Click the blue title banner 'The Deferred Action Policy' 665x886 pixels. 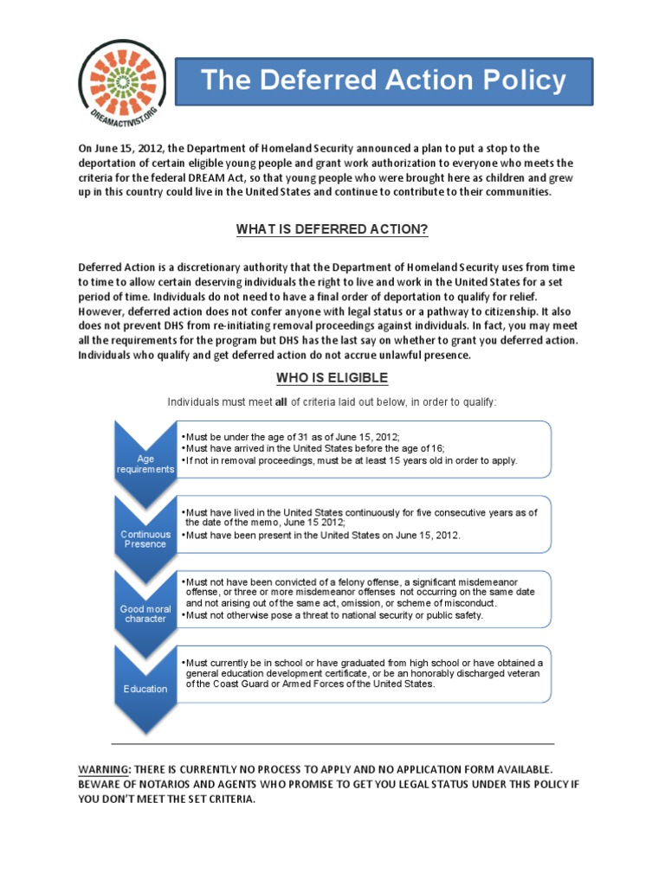click(x=384, y=82)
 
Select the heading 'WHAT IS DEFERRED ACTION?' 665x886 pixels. click(x=332, y=229)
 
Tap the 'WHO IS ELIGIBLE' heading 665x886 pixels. click(x=332, y=378)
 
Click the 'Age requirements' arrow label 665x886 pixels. click(x=145, y=464)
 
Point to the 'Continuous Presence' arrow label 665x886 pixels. click(x=145, y=540)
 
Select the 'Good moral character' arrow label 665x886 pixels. click(x=145, y=613)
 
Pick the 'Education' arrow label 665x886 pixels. click(x=145, y=689)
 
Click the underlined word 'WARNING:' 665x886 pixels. click(x=103, y=768)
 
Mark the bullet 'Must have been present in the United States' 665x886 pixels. click(x=322, y=536)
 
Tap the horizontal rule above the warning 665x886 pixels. click(x=332, y=743)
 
